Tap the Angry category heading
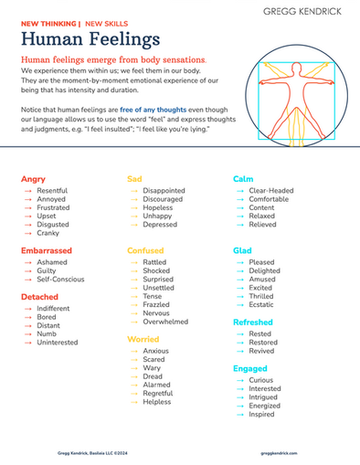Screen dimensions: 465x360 (x=33, y=179)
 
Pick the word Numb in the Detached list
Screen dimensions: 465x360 (x=47, y=333)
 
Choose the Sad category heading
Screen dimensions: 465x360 (x=133, y=179)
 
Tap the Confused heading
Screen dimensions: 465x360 (x=145, y=249)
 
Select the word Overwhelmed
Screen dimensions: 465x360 (x=165, y=322)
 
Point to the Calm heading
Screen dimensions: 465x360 (x=243, y=179)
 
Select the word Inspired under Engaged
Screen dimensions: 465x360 (x=263, y=414)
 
